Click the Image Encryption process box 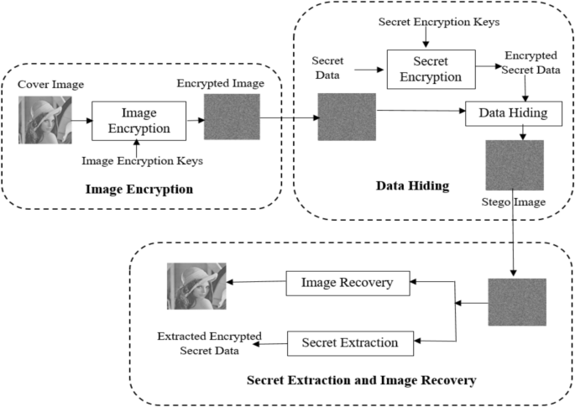click(x=138, y=120)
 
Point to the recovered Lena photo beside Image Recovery click(x=196, y=287)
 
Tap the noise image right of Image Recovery click(x=517, y=301)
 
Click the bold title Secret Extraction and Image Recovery click(x=361, y=381)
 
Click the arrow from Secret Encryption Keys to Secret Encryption click(x=426, y=37)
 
